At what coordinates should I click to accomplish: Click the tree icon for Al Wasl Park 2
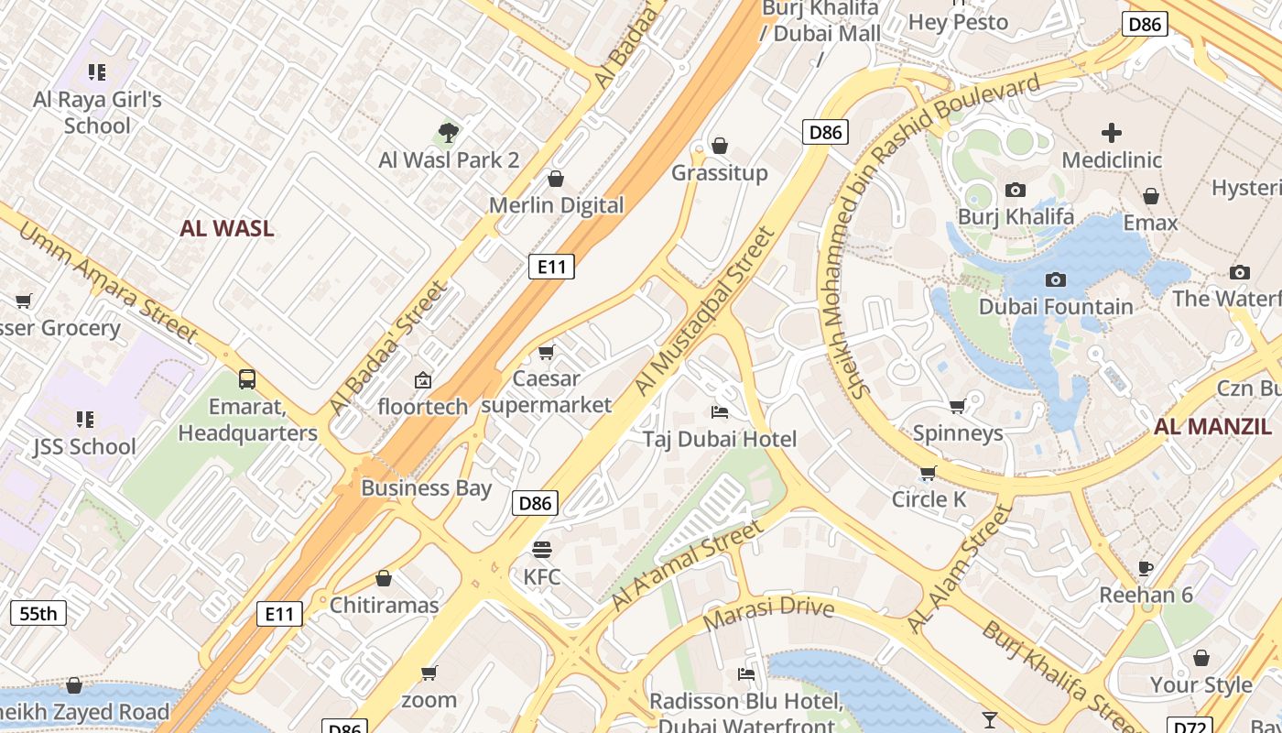pos(448,133)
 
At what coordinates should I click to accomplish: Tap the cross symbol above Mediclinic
pos(1111,133)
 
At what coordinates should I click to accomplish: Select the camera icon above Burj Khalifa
pos(1015,190)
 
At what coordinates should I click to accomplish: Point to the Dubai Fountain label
pos(1056,306)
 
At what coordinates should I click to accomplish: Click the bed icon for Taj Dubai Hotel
pos(720,411)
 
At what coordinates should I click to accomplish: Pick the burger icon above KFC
pos(542,550)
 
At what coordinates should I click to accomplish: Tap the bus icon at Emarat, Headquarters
pos(246,378)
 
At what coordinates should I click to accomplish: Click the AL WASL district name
pos(226,229)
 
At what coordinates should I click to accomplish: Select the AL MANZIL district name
pos(1211,426)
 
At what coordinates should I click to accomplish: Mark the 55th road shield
pos(38,613)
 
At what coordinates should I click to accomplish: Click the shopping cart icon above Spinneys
pos(957,405)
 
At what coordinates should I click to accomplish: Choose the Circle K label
pos(929,499)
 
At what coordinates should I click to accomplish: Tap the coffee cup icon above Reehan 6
pos(1145,568)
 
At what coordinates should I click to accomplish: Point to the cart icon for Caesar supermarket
pos(547,352)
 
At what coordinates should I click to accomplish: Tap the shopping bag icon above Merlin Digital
pos(555,178)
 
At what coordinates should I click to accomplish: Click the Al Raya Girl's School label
pos(97,112)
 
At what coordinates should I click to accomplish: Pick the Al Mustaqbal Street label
pos(705,312)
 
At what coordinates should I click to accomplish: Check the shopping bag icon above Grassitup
pos(720,146)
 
